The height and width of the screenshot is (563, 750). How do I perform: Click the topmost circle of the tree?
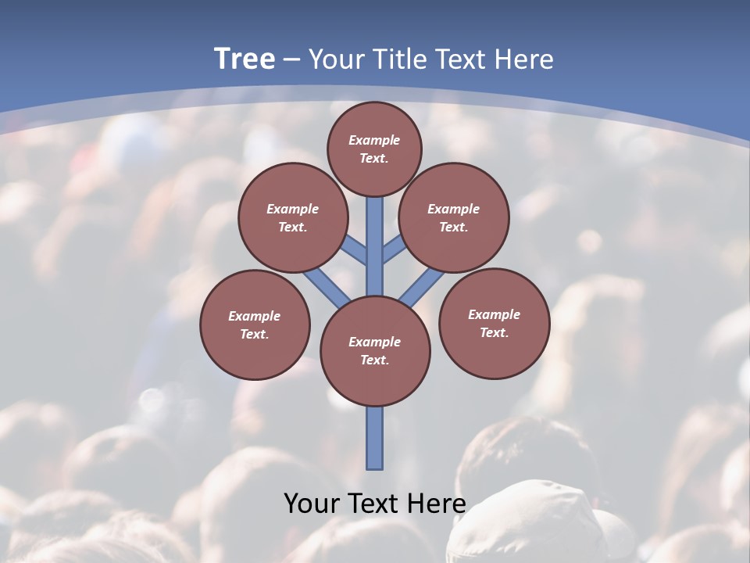374,149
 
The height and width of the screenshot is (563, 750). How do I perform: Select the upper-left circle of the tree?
293,217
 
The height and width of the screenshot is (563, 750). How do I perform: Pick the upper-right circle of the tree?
454,217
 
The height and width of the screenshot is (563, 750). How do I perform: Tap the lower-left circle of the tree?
255,325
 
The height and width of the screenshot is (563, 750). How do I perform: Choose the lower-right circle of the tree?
494,323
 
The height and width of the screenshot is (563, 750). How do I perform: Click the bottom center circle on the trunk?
375,351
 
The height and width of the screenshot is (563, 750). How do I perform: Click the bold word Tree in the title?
245,59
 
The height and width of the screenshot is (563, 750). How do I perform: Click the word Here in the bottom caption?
437,503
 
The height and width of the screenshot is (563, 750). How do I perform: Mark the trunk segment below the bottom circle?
375,438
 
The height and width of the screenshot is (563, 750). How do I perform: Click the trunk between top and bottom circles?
375,250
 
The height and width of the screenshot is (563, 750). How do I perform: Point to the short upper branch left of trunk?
354,249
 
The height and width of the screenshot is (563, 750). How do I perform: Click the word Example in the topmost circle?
374,140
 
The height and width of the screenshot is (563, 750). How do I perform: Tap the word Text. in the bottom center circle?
374,360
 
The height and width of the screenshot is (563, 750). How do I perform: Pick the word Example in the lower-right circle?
494,314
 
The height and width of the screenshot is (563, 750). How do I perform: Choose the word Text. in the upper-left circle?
293,227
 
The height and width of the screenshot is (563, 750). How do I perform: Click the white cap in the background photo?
539,520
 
